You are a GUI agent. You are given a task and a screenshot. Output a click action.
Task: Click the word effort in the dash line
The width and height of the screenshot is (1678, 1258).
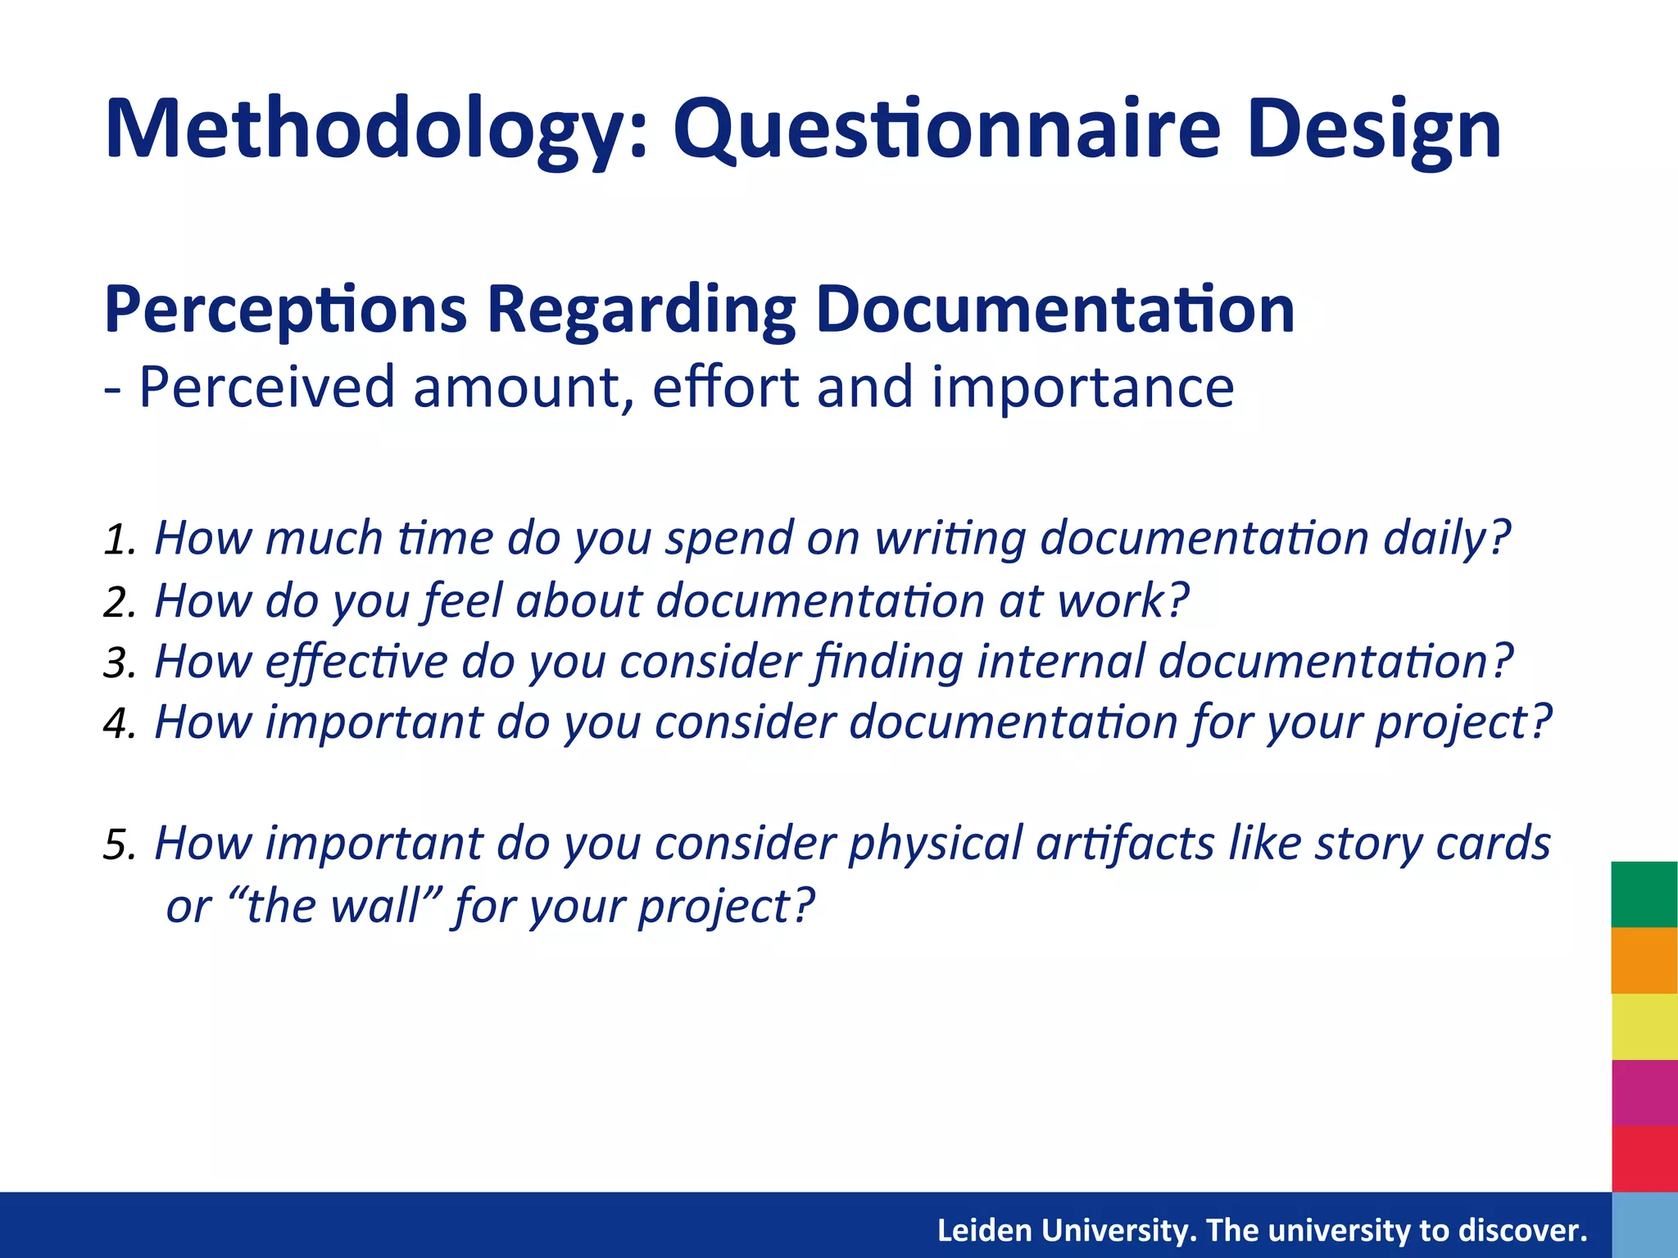(724, 387)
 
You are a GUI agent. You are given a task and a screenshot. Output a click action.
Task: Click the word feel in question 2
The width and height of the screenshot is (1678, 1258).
(464, 600)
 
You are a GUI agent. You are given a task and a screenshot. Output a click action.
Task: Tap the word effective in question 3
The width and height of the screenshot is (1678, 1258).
(356, 661)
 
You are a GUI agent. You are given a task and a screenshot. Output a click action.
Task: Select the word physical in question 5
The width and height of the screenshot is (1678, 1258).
(934, 844)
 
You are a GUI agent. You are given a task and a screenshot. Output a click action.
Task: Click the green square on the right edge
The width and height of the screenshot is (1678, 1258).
(1644, 894)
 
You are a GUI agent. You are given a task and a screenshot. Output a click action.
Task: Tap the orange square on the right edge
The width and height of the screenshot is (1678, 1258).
(1644, 960)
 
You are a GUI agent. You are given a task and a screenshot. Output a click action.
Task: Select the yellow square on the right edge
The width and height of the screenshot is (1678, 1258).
(1644, 1026)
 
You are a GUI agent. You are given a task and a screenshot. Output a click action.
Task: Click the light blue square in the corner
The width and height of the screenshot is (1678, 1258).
(1644, 1225)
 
